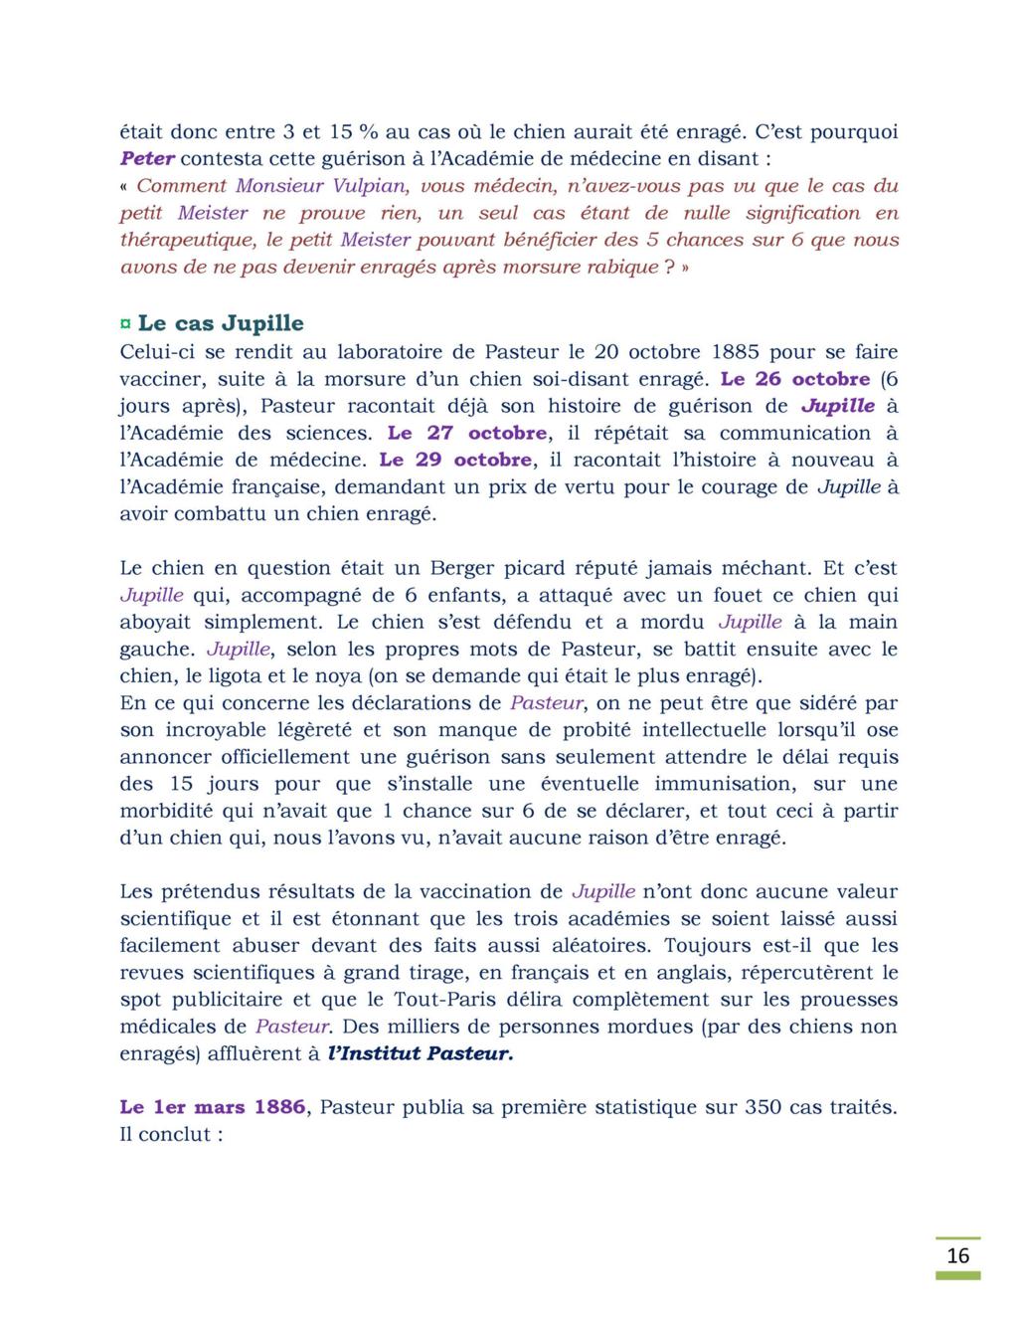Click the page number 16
click(x=957, y=1255)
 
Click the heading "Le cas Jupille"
click(x=221, y=323)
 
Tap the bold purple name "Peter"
click(x=147, y=158)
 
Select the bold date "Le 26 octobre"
click(x=795, y=379)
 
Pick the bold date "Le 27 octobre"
click(x=467, y=433)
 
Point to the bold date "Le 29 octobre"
click(x=455, y=460)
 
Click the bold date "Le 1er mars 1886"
click(x=213, y=1107)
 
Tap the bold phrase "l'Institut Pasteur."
click(x=421, y=1053)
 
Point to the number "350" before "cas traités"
click(x=763, y=1107)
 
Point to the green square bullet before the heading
click(x=125, y=324)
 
